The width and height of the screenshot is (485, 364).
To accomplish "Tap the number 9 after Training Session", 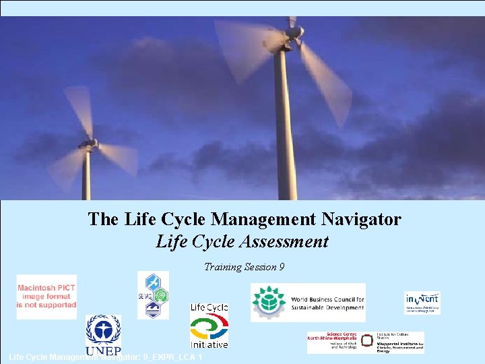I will (x=281, y=267).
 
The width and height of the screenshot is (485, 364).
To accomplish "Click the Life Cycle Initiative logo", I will (x=209, y=326).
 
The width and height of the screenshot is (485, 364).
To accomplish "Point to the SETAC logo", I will (x=153, y=295).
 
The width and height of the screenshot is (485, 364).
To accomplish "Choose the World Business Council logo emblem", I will (x=268, y=303).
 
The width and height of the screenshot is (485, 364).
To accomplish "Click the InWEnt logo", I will (x=422, y=303).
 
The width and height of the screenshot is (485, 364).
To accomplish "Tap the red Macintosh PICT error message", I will (x=46, y=297).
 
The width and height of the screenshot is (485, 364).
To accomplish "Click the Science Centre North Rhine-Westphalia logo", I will (x=332, y=341).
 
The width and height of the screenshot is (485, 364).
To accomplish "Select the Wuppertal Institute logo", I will (x=392, y=342).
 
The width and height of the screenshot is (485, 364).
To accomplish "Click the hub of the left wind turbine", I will (x=87, y=144).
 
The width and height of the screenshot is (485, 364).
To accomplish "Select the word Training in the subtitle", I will (x=222, y=267).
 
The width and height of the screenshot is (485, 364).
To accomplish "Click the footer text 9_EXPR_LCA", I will (x=168, y=357).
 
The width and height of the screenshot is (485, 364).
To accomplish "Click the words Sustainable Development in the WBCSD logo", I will (x=327, y=308).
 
